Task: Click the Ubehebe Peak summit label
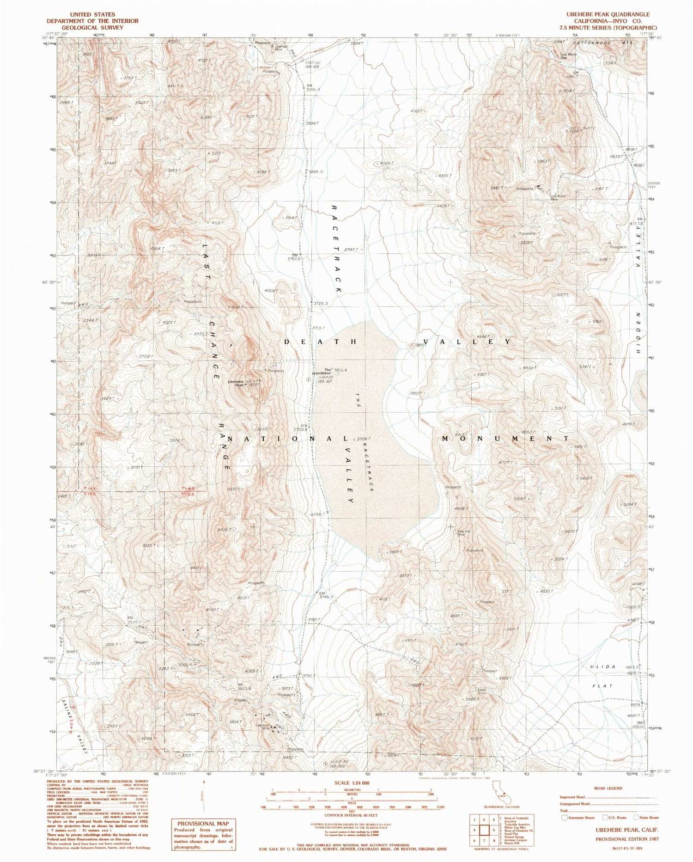pyautogui.click(x=237, y=383)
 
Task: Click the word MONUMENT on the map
pyautogui.click(x=505, y=438)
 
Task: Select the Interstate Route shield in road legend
pyautogui.click(x=564, y=817)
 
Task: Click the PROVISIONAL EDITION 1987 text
pyautogui.click(x=626, y=838)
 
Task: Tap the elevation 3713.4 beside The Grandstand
pyautogui.click(x=341, y=370)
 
